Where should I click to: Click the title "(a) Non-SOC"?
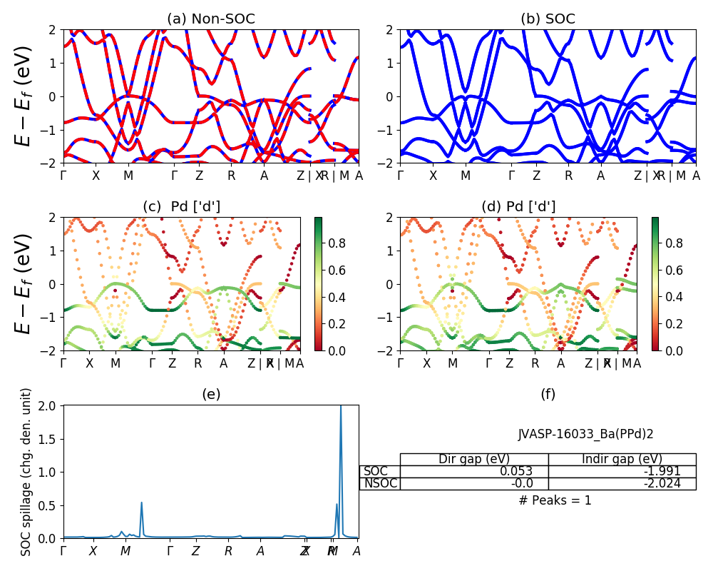click(210, 19)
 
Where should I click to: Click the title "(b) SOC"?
click(548, 19)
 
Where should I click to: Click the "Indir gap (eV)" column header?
click(622, 459)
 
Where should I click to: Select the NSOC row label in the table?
click(380, 483)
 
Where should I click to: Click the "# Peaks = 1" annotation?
click(555, 500)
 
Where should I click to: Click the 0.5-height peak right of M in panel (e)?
click(141, 503)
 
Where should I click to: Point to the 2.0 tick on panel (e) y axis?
click(49, 405)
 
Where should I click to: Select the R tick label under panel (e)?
click(228, 551)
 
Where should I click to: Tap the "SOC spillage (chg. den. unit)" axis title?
click(26, 472)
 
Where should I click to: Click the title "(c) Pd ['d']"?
click(182, 206)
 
